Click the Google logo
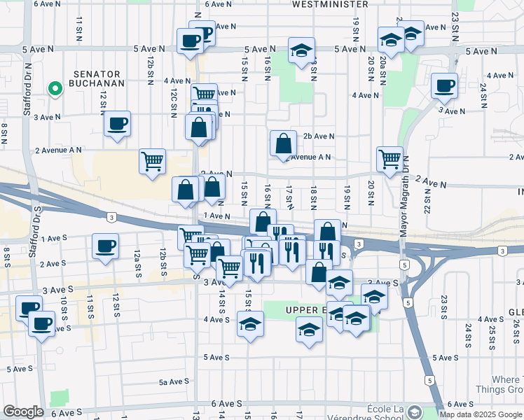click(22, 412)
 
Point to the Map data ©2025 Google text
click(481, 414)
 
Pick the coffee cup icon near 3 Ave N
click(117, 123)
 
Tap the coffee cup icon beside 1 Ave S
click(106, 246)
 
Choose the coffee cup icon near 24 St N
click(444, 85)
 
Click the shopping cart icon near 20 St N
click(390, 158)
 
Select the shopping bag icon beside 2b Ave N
click(283, 143)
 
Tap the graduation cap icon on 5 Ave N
click(302, 50)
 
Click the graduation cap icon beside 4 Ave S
click(250, 324)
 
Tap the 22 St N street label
click(427, 200)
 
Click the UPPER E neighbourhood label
click(306, 310)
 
